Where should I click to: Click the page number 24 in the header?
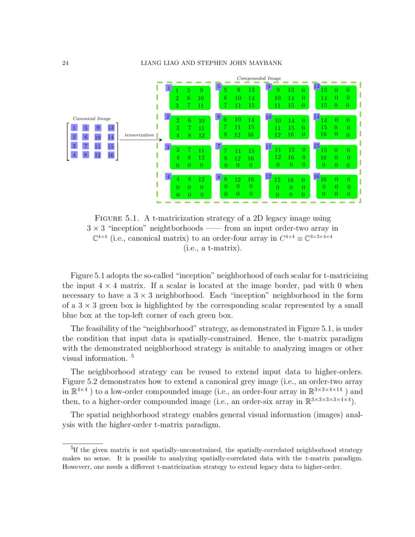pos(65,63)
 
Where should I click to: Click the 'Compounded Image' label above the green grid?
pos(259,78)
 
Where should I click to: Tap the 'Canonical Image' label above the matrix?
pos(91,118)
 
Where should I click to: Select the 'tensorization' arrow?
pos(139,140)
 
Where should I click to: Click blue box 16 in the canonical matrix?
pos(111,155)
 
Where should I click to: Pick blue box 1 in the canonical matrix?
pos(74,127)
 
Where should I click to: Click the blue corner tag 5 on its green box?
pos(219,87)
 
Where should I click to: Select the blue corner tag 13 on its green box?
pos(316,87)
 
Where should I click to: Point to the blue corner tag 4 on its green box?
pos(168,177)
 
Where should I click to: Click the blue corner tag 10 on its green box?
pos(268,117)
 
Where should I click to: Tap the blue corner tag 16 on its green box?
pos(316,176)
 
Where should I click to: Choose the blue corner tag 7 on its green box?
pos(219,146)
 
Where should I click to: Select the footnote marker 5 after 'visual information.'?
pos(132,356)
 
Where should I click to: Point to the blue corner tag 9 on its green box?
pos(268,87)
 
